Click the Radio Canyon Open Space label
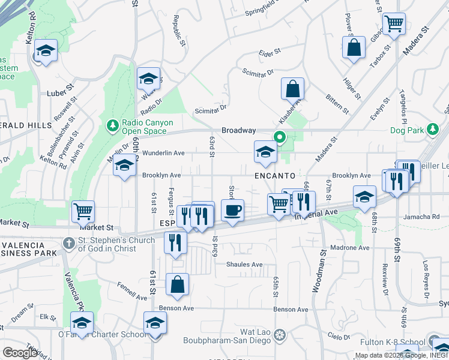click(146, 127)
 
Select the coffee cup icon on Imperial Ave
click(233, 211)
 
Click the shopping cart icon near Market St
click(83, 211)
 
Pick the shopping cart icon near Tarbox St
click(394, 25)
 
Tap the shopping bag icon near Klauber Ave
click(292, 89)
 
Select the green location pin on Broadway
click(280, 137)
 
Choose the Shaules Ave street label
click(244, 265)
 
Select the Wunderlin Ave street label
click(163, 153)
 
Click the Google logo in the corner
click(20, 352)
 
